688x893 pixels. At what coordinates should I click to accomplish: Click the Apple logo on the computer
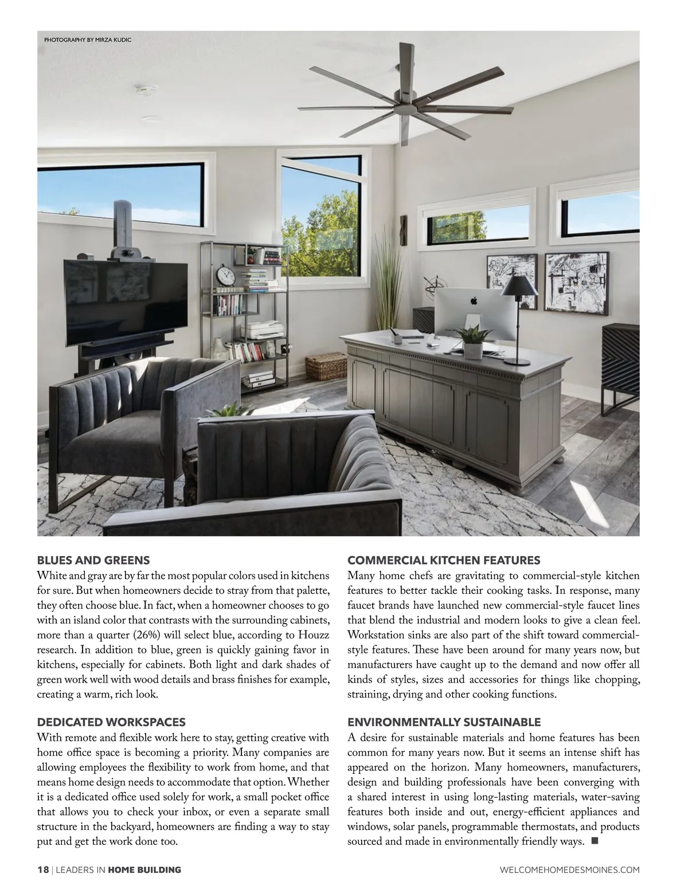(x=474, y=299)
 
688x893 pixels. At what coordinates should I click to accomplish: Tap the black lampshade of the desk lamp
(x=519, y=286)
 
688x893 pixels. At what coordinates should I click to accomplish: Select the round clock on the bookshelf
(x=226, y=276)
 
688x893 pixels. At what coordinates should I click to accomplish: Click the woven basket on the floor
(x=326, y=367)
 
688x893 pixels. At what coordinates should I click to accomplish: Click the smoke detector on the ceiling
(x=146, y=90)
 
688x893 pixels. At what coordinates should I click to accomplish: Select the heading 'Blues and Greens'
(x=93, y=560)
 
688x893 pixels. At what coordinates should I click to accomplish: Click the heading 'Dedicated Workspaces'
(x=111, y=722)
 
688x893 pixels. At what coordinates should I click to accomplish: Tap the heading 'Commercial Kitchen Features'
(x=444, y=560)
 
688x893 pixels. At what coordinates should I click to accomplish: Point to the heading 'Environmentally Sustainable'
(x=444, y=722)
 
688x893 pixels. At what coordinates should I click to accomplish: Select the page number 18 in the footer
(x=43, y=869)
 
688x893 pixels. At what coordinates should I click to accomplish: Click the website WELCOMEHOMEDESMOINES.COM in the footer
(x=570, y=869)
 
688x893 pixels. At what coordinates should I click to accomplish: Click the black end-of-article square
(x=593, y=841)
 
